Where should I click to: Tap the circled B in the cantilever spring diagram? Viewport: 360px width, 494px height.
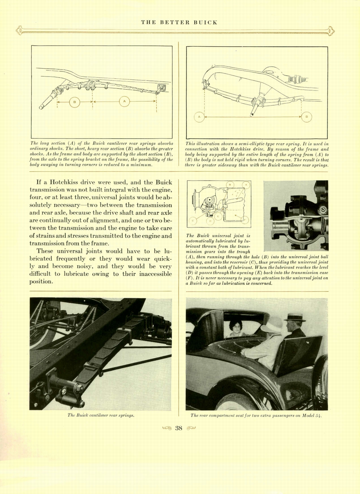pos(74,102)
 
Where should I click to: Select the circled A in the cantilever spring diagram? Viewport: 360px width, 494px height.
pos(124,101)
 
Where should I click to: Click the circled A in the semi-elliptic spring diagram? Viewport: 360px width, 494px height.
pos(199,117)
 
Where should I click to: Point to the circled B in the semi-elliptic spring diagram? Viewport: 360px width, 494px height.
pos(307,117)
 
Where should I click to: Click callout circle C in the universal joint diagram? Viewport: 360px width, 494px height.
pos(193,221)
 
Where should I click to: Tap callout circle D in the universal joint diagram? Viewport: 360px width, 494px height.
pos(211,221)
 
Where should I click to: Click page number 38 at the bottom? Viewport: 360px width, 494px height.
pos(179,428)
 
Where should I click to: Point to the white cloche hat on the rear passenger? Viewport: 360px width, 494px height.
pos(273,325)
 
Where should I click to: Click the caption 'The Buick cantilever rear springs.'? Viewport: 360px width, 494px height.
pos(101,415)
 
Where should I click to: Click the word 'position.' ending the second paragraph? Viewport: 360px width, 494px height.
pos(41,282)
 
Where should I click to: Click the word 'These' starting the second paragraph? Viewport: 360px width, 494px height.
pos(45,251)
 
